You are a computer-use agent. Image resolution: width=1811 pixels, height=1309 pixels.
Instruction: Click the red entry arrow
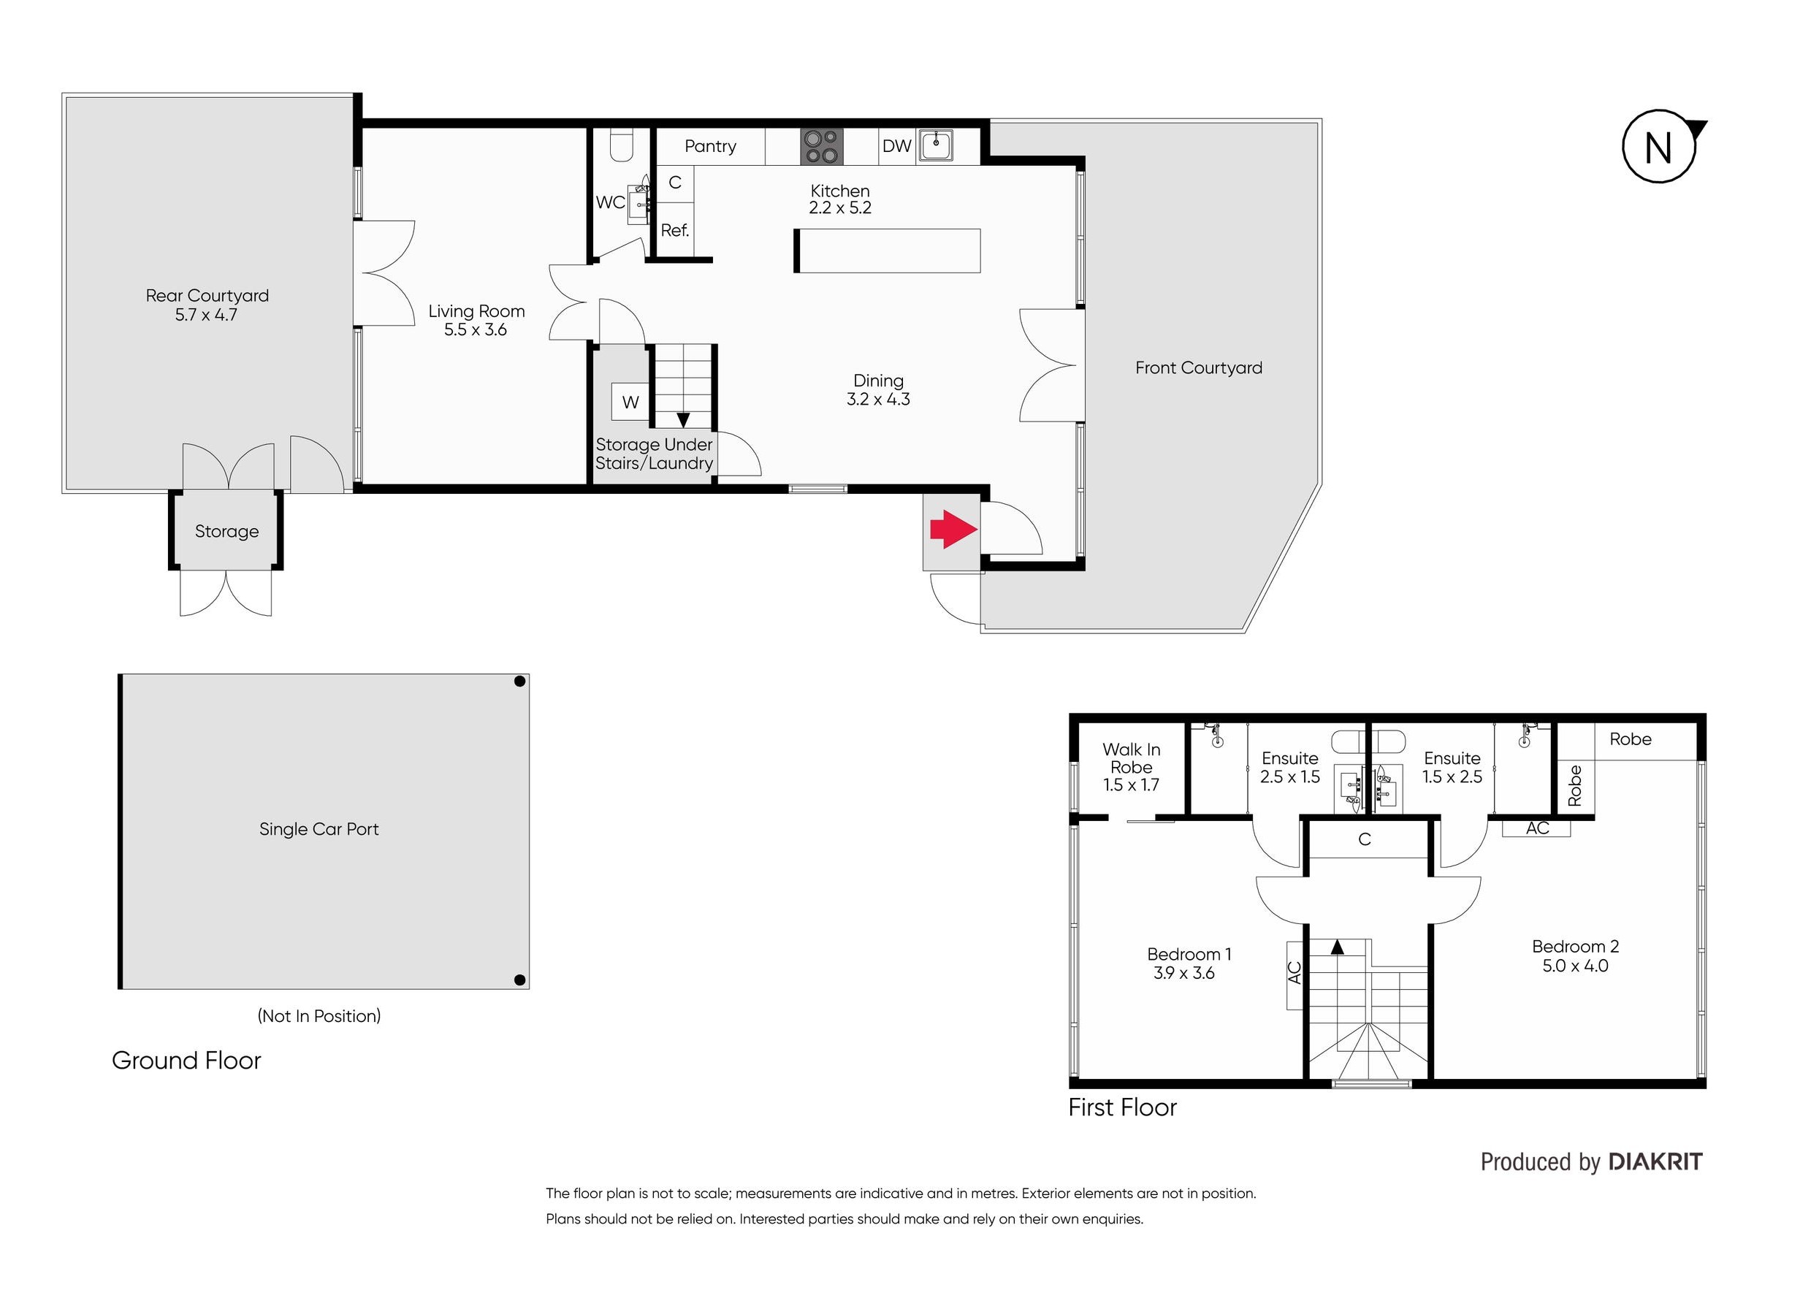953,529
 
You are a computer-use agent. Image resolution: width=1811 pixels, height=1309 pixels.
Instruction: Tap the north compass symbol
1661,147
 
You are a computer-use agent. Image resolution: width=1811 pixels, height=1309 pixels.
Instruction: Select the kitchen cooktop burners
822,147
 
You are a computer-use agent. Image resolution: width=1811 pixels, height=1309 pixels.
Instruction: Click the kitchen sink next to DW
935,145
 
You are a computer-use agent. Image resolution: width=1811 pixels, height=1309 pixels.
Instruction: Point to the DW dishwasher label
896,146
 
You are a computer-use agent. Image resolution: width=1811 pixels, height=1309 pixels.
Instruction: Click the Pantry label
710,146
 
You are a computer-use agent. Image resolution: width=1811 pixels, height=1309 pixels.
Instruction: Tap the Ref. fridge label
675,231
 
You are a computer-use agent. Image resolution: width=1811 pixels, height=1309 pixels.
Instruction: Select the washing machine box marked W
630,402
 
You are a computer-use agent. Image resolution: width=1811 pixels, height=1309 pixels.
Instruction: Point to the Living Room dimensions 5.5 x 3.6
476,330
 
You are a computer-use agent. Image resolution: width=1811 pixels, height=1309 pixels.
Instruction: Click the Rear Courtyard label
207,296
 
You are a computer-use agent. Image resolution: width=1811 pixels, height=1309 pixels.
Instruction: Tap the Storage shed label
226,532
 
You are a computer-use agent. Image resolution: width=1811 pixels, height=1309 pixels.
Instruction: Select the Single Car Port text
319,829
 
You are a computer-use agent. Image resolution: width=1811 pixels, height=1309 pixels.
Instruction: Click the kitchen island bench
887,251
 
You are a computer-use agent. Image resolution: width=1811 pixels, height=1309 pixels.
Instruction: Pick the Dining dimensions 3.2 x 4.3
878,400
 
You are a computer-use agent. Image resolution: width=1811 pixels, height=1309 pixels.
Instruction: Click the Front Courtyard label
1199,368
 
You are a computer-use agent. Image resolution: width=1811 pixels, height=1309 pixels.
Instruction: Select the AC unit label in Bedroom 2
1537,828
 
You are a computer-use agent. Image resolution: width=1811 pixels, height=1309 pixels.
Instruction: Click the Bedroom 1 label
1189,955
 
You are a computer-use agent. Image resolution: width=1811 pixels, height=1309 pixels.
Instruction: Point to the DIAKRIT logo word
1655,1162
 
